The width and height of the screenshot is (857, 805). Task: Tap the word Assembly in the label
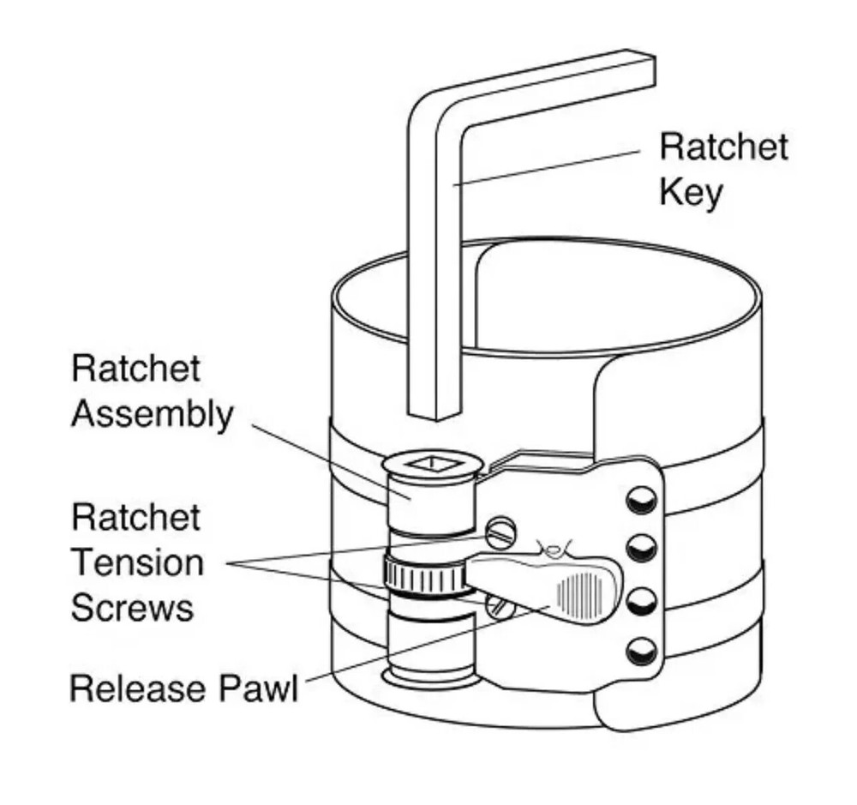point(152,414)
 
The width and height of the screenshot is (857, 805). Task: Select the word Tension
point(137,563)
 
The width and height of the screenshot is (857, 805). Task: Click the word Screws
point(132,608)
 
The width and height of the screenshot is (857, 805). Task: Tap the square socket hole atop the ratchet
point(433,465)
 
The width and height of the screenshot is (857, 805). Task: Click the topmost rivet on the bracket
point(640,500)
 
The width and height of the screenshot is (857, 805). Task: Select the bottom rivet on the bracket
point(640,653)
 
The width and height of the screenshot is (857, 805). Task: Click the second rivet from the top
point(640,546)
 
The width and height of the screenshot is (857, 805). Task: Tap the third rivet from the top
point(640,601)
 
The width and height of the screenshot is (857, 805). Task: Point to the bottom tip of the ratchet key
point(435,413)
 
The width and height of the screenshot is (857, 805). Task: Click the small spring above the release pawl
point(554,548)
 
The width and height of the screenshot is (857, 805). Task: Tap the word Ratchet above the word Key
point(723,147)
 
